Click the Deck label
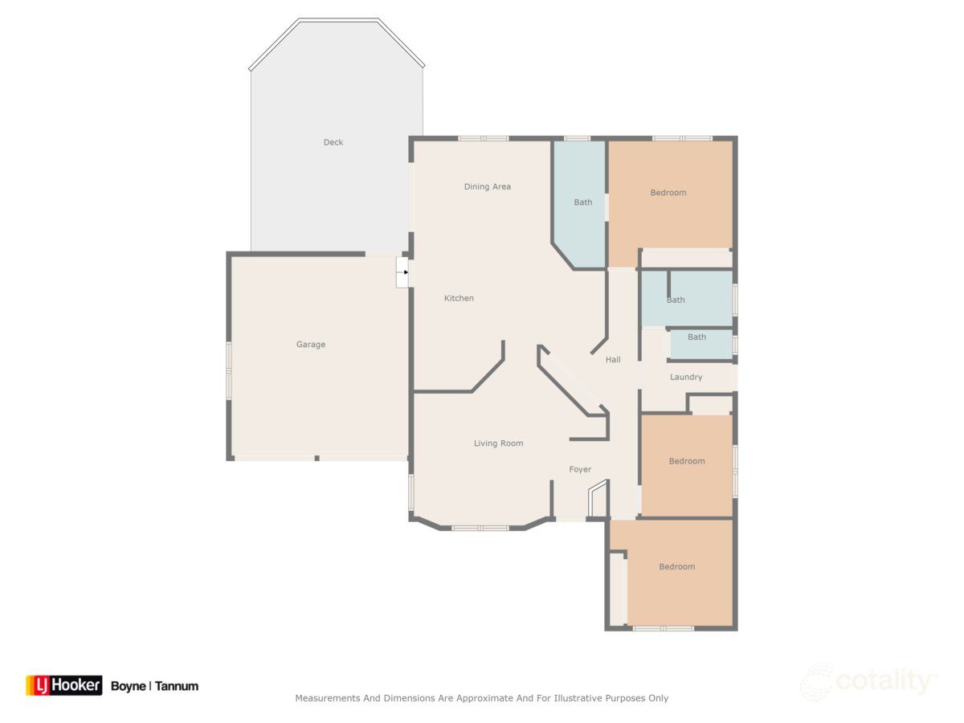coord(333,142)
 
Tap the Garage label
coord(310,345)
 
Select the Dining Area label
coord(487,186)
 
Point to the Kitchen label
coord(459,298)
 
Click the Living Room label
coord(498,443)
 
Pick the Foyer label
coord(580,469)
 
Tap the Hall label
coord(613,360)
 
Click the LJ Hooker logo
coord(64,685)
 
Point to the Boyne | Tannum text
coord(154,686)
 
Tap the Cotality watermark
coord(868,682)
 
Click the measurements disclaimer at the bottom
coord(481,698)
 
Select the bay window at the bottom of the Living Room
coord(480,528)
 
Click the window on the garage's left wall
coord(229,370)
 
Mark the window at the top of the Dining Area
coord(483,138)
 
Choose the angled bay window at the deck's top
coord(337,21)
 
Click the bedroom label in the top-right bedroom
coord(668,193)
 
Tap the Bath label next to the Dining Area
coord(582,202)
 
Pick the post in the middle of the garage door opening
coord(317,458)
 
